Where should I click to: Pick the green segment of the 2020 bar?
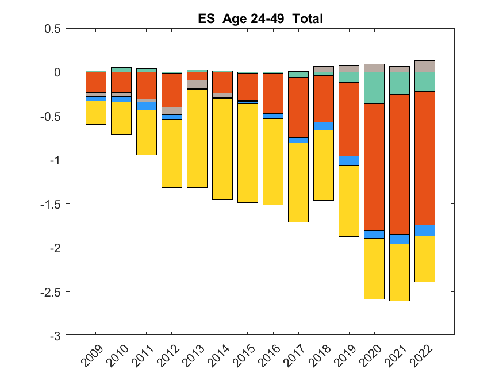[x=374, y=88]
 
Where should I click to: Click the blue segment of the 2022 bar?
[x=425, y=230]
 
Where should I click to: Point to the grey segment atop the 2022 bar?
[x=425, y=66]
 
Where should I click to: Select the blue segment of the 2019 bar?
[x=349, y=160]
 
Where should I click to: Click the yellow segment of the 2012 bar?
[x=172, y=153]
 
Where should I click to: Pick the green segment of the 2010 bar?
[x=121, y=70]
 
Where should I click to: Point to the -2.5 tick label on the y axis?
[x=49, y=291]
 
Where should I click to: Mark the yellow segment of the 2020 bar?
[x=374, y=268]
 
